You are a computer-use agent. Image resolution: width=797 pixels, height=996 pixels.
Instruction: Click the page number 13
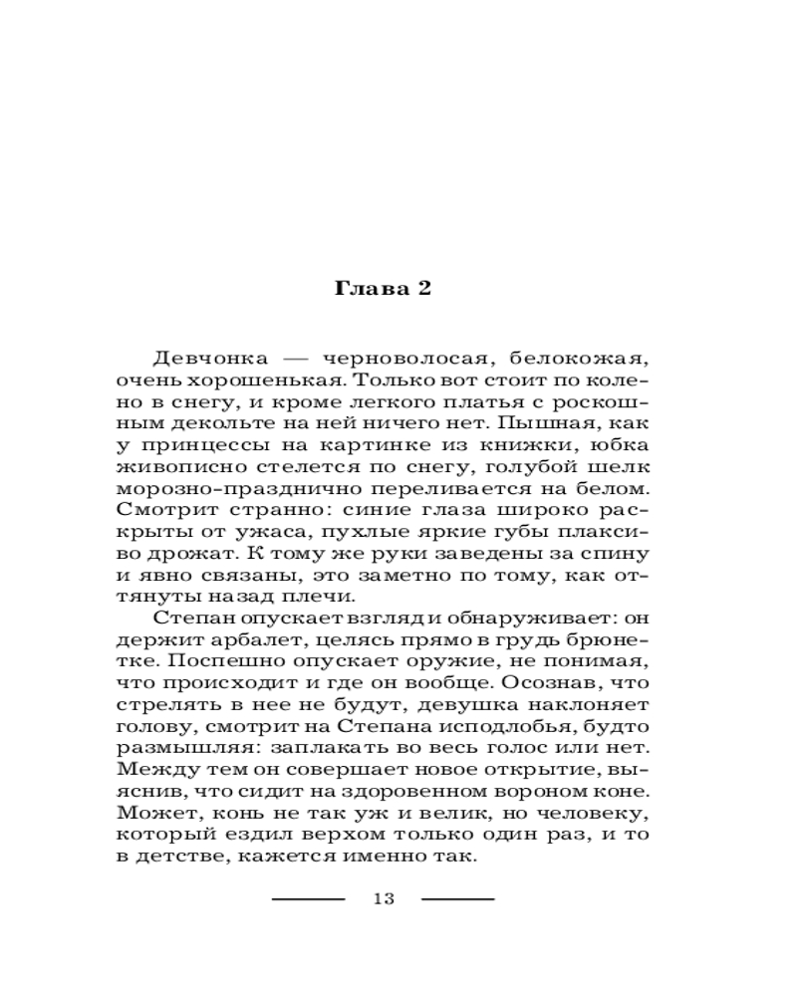click(x=384, y=899)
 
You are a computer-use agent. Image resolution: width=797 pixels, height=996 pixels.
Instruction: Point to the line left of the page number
click(x=308, y=899)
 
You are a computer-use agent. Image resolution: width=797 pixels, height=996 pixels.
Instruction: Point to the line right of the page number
click(x=458, y=899)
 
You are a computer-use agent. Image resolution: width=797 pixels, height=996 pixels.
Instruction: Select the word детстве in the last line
click(x=181, y=857)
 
